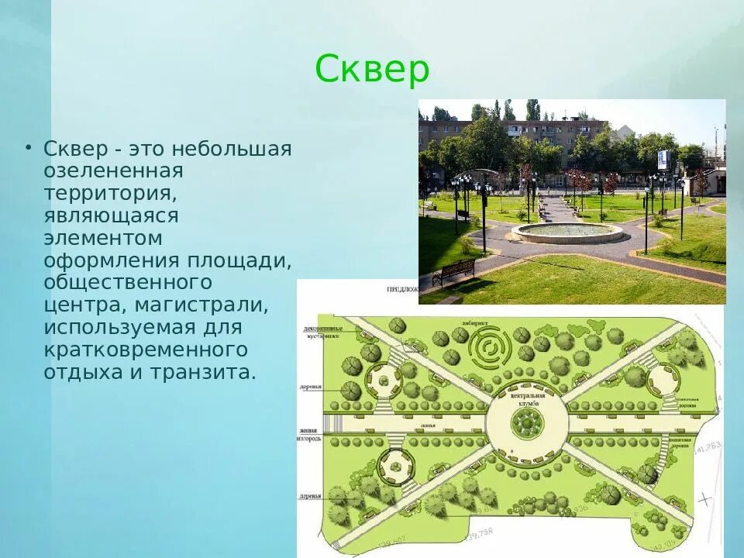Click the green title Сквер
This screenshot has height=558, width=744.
click(x=372, y=71)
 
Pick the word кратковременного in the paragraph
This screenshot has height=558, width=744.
click(x=146, y=350)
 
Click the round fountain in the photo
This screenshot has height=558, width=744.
click(x=567, y=231)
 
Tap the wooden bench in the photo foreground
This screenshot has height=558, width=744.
click(x=453, y=271)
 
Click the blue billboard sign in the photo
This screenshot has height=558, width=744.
click(x=663, y=159)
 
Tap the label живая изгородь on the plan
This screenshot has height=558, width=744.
click(x=308, y=434)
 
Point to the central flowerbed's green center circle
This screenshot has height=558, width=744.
click(x=527, y=422)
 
